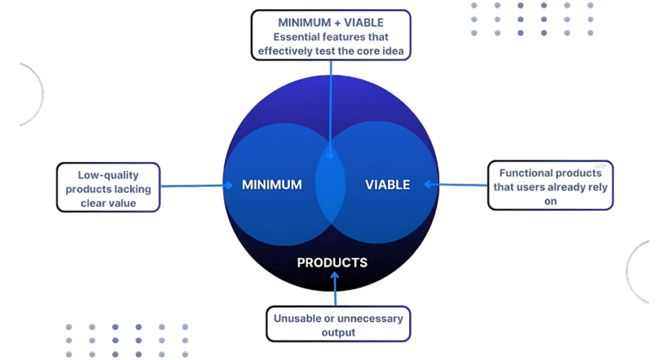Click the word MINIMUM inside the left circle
click(x=272, y=185)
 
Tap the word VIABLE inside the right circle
click(x=387, y=185)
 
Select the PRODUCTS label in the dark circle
click(x=332, y=263)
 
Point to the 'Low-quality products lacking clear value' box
click(x=108, y=187)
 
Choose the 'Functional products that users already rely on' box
click(x=550, y=186)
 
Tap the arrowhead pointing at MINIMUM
click(x=229, y=186)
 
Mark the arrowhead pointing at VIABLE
click(x=427, y=185)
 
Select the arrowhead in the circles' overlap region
click(x=331, y=156)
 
